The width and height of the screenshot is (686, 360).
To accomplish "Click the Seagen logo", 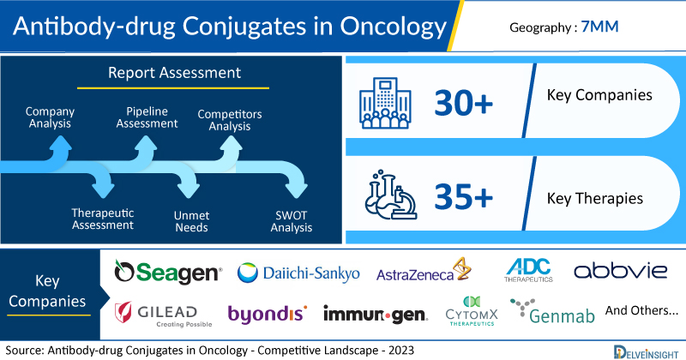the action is (x=168, y=272).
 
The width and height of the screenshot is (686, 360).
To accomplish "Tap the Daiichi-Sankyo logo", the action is (x=298, y=273).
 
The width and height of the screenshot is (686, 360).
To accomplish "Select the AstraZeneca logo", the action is (x=424, y=270).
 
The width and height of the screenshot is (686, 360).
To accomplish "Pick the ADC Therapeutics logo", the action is (x=528, y=270).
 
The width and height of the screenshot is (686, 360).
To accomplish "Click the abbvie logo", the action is (x=620, y=271).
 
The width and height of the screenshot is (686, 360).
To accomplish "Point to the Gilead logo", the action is (x=163, y=314).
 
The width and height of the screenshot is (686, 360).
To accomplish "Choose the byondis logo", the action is (x=268, y=314).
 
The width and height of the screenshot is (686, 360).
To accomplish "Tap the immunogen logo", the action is (x=376, y=315).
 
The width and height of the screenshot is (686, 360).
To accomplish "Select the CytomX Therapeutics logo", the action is (x=472, y=311).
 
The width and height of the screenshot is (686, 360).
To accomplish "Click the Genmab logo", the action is (x=552, y=311).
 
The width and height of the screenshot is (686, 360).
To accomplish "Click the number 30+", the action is (x=463, y=103).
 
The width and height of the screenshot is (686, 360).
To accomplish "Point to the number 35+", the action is (x=463, y=196).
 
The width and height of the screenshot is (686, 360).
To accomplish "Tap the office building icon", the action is (x=385, y=103).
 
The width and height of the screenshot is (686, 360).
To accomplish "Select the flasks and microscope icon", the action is (x=391, y=195).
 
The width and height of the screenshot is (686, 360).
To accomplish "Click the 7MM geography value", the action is (x=599, y=27).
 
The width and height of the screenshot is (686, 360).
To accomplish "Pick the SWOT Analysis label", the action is (x=292, y=221).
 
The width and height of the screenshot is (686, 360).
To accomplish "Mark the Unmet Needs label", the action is (x=191, y=221).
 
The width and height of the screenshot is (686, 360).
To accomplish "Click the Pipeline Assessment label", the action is (x=147, y=117).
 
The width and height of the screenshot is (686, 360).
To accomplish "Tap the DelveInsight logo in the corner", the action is (x=646, y=352).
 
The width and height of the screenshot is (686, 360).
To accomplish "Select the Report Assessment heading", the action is (x=174, y=73).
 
